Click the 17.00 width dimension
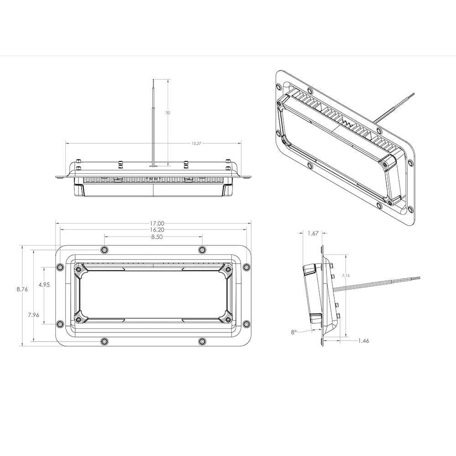[x=157, y=223]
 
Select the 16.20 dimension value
[x=157, y=230]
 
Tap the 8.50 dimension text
[x=157, y=237]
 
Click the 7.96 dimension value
[x=33, y=314]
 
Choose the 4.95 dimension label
[x=44, y=285]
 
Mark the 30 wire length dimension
[x=168, y=113]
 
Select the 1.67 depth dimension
[x=313, y=233]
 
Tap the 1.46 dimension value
[x=363, y=341]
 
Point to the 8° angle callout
[x=294, y=332]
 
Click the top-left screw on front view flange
[x=105, y=249]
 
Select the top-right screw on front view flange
[x=202, y=249]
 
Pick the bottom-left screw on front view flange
[x=105, y=341]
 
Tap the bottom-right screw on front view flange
[x=202, y=341]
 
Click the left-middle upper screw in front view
[x=59, y=267]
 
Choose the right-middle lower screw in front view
[x=246, y=324]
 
